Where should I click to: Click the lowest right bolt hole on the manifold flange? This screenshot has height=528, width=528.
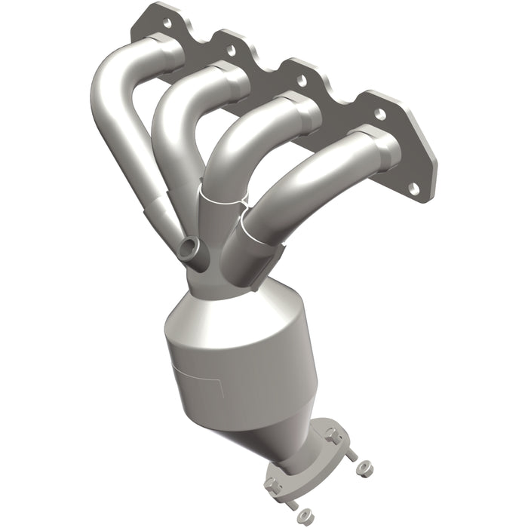(x=412, y=186)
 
